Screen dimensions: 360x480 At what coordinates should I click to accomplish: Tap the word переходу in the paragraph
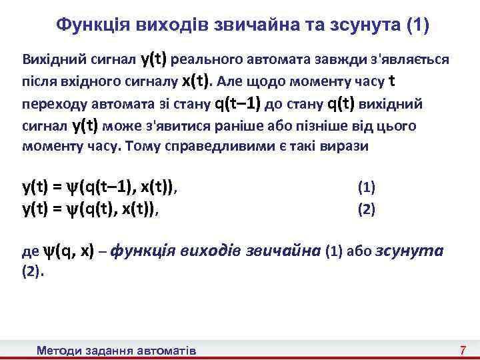[x=50, y=105]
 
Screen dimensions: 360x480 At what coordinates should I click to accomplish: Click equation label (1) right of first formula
[x=367, y=187]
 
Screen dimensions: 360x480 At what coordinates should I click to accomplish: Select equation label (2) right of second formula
[x=367, y=210]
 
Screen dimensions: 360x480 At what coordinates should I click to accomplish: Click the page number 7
[x=461, y=351]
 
